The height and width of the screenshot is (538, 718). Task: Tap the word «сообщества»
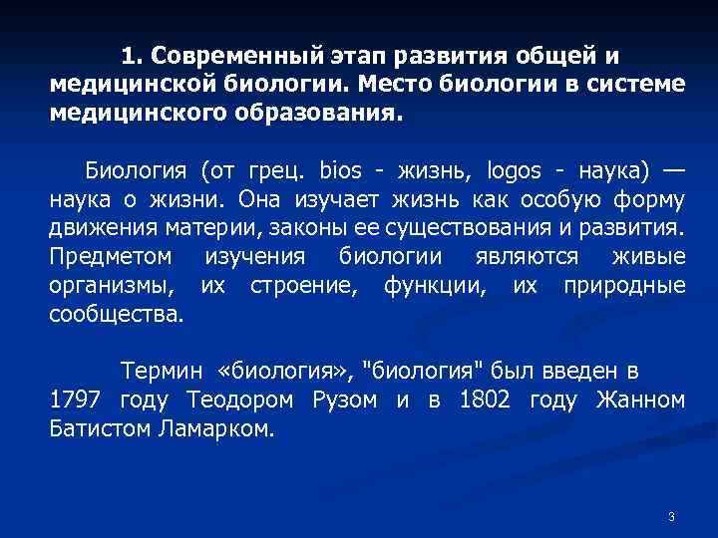[116, 317]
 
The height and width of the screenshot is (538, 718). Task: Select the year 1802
[484, 402]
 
